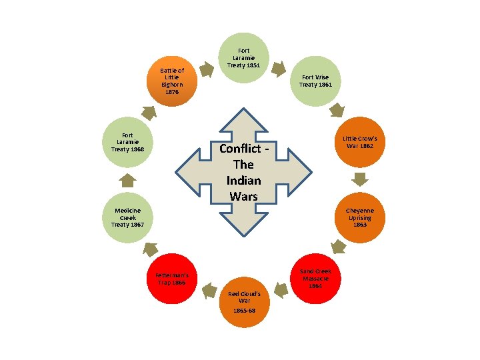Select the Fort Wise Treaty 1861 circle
coord(315,81)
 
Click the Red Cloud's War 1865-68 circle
coord(245,302)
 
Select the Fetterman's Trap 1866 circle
coord(172,279)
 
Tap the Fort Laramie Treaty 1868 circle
coord(128,142)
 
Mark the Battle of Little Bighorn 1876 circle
coord(172,81)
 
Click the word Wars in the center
coord(243,196)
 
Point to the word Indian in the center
coord(243,181)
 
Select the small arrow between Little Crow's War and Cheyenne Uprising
coord(360,179)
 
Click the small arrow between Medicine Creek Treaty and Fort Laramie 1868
coord(128,179)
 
